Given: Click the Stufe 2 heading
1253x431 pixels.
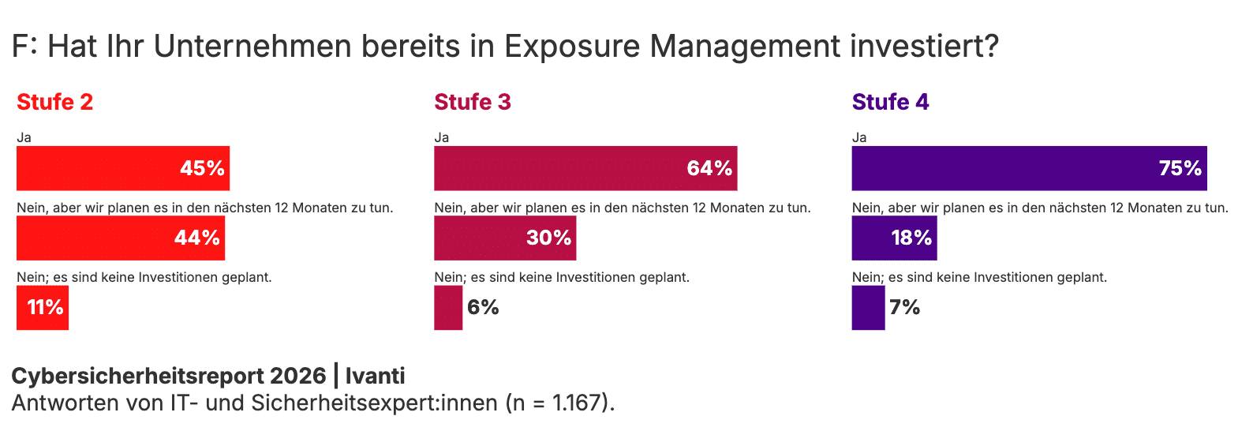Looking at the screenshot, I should click(54, 102).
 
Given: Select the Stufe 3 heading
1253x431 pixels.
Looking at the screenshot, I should click(472, 102).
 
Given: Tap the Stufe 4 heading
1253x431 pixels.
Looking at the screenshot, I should click(890, 102).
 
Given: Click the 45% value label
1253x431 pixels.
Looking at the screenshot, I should click(202, 168).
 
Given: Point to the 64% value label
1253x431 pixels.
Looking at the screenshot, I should click(709, 168).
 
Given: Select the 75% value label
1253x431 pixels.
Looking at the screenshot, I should click(1180, 168).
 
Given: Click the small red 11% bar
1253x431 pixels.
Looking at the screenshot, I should click(43, 307).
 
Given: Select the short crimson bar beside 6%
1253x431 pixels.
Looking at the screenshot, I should click(448, 307).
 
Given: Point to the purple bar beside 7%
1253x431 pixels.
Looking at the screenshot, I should click(868, 307).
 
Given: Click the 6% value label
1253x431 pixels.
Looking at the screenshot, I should click(483, 307).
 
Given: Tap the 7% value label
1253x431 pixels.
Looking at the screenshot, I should click(904, 307).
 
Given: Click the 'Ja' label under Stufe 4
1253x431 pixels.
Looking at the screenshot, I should click(859, 137).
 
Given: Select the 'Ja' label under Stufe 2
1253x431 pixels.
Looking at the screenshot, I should click(24, 137).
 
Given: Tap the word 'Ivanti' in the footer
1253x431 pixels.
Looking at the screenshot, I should click(375, 376).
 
